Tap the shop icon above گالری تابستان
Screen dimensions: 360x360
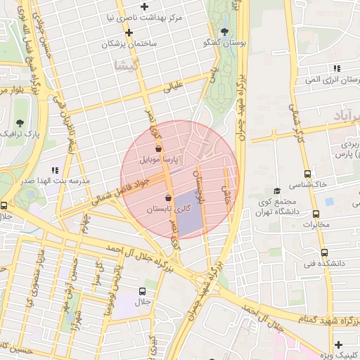point(168,198)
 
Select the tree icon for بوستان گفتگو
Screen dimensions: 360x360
point(224,32)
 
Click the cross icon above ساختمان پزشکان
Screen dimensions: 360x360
point(129,32)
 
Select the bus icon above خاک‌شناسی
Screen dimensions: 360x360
point(307,174)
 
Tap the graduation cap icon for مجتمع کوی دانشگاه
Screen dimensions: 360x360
point(277,191)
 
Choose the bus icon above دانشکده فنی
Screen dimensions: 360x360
point(323,252)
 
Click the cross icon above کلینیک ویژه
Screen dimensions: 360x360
point(339,344)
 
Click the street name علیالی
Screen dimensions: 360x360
point(173,87)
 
